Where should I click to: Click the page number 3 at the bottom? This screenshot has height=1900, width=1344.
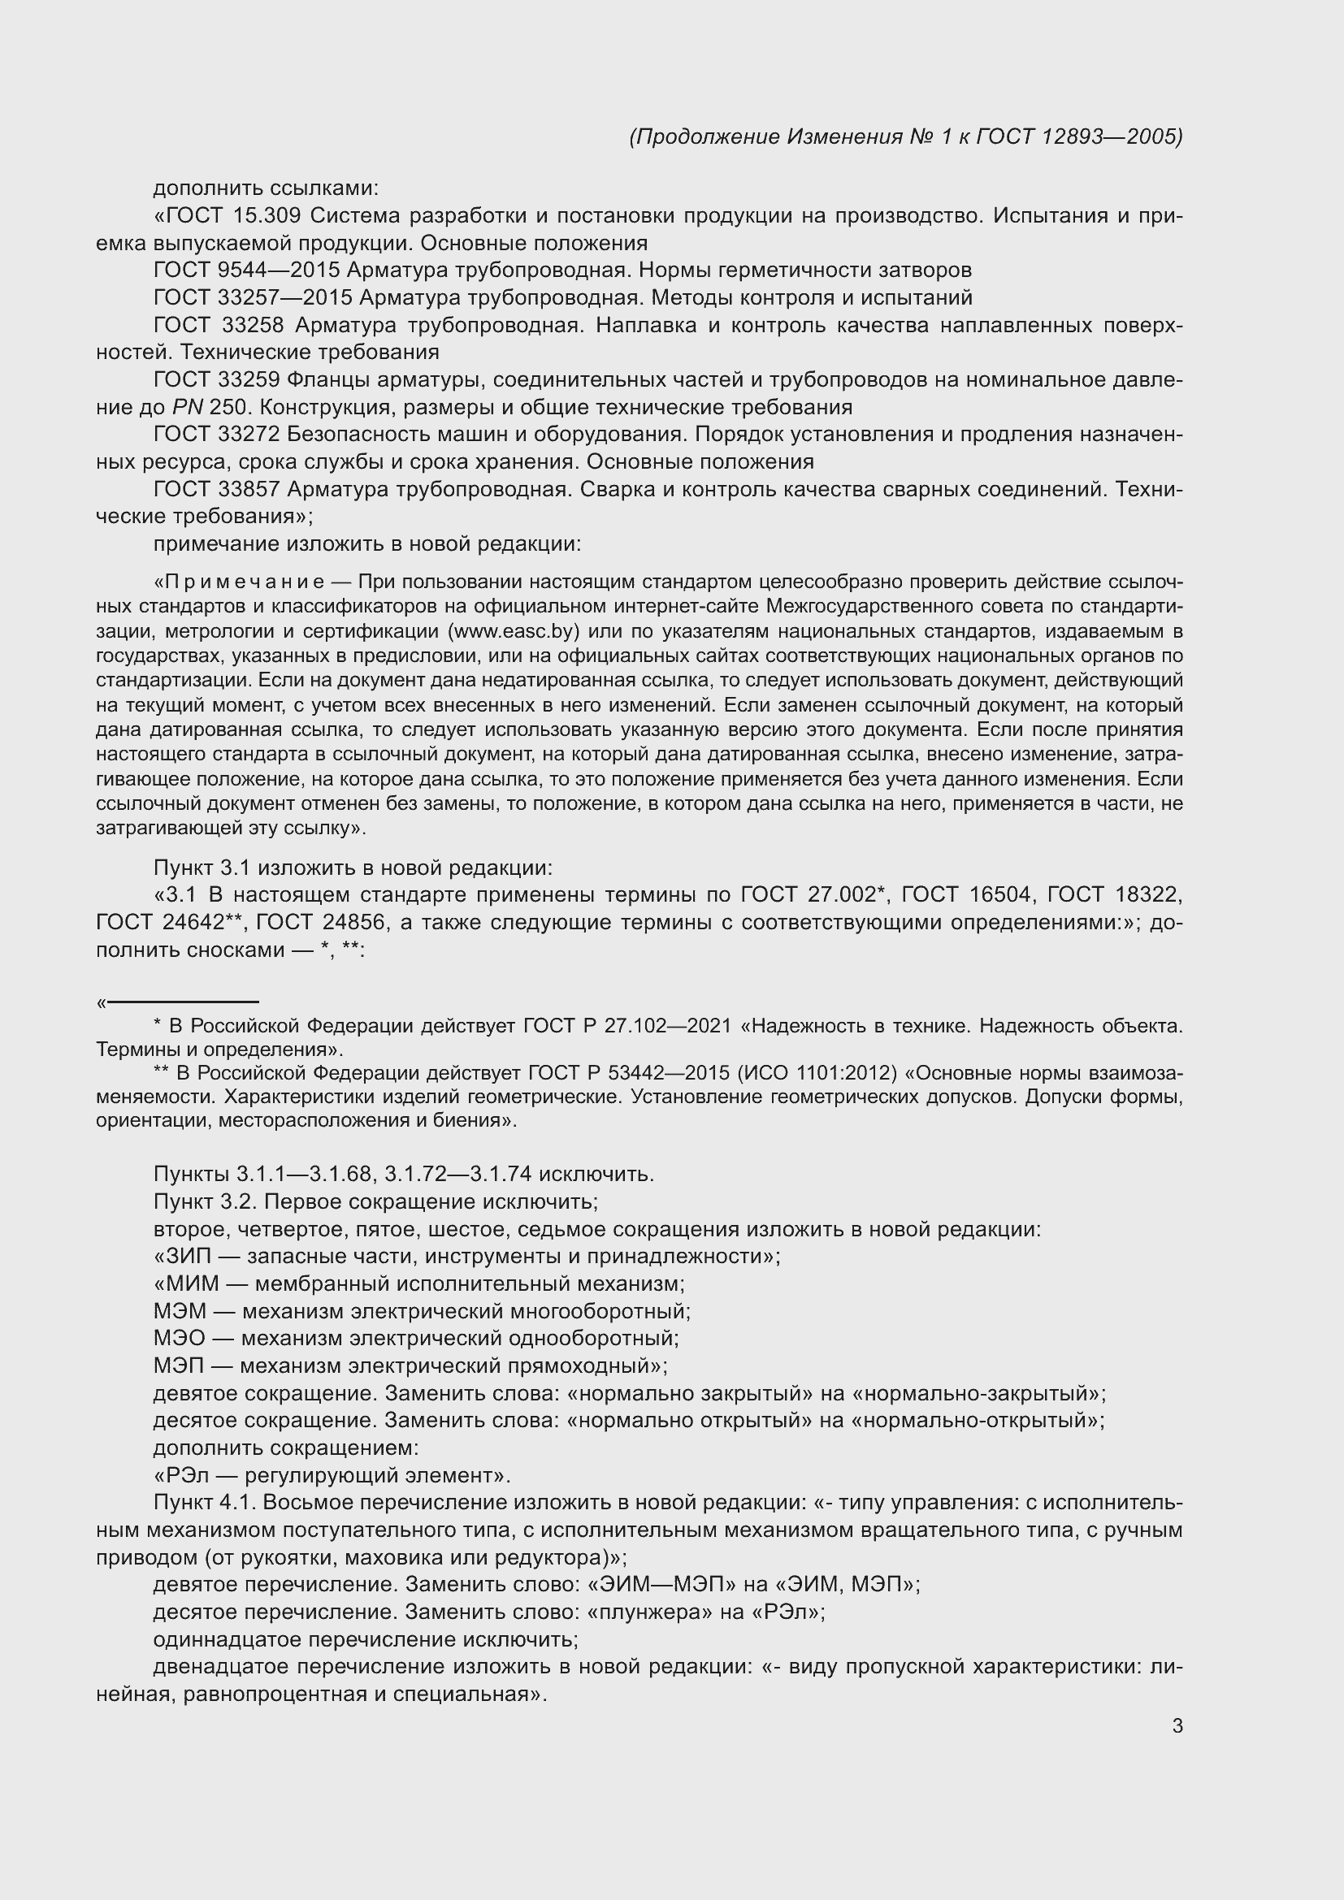(x=1177, y=1726)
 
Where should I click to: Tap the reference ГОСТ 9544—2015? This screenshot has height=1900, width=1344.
(x=247, y=271)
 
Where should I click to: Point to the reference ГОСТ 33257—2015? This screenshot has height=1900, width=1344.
(x=254, y=298)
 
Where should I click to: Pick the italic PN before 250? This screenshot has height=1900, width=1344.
(x=187, y=407)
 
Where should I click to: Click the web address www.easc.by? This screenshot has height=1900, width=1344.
(x=512, y=631)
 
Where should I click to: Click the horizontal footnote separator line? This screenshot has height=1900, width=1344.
(x=183, y=1002)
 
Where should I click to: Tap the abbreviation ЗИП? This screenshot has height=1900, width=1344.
(x=187, y=1256)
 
